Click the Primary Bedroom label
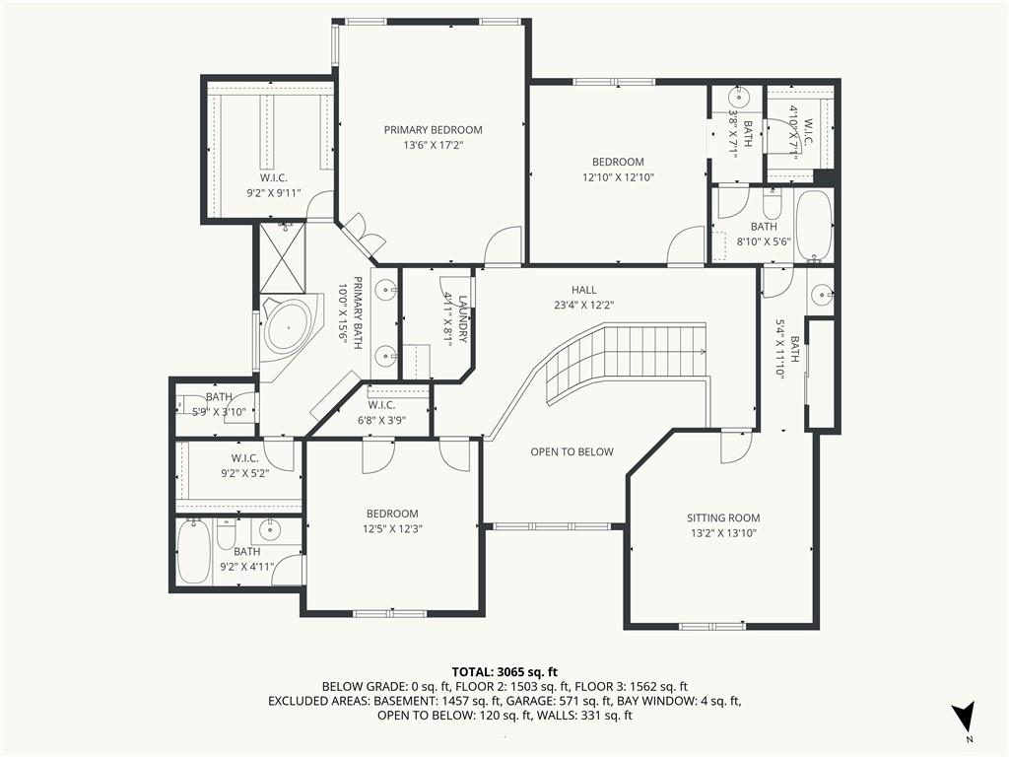(434, 129)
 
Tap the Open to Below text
(572, 451)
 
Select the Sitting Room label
(723, 517)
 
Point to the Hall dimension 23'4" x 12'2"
(583, 306)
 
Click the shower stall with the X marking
(283, 257)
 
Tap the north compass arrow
(964, 716)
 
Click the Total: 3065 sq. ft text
(504, 673)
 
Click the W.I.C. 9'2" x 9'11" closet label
(274, 185)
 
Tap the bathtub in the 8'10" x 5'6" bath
(813, 226)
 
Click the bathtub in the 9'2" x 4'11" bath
(192, 551)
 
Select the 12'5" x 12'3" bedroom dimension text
(392, 529)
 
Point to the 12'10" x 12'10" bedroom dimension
(618, 177)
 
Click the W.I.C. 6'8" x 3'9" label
(381, 413)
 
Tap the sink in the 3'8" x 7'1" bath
(738, 99)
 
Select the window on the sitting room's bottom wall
(713, 626)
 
